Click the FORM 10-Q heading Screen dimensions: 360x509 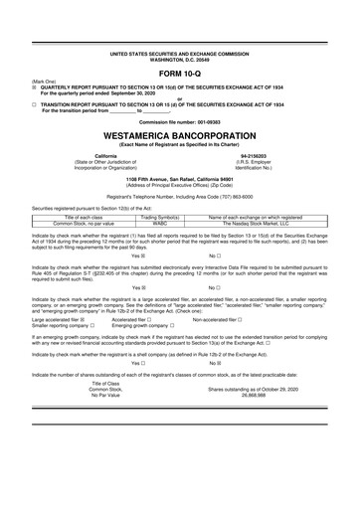[179, 76]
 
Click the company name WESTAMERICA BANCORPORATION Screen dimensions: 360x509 [179, 134]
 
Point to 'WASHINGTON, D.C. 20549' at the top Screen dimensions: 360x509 [179, 59]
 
